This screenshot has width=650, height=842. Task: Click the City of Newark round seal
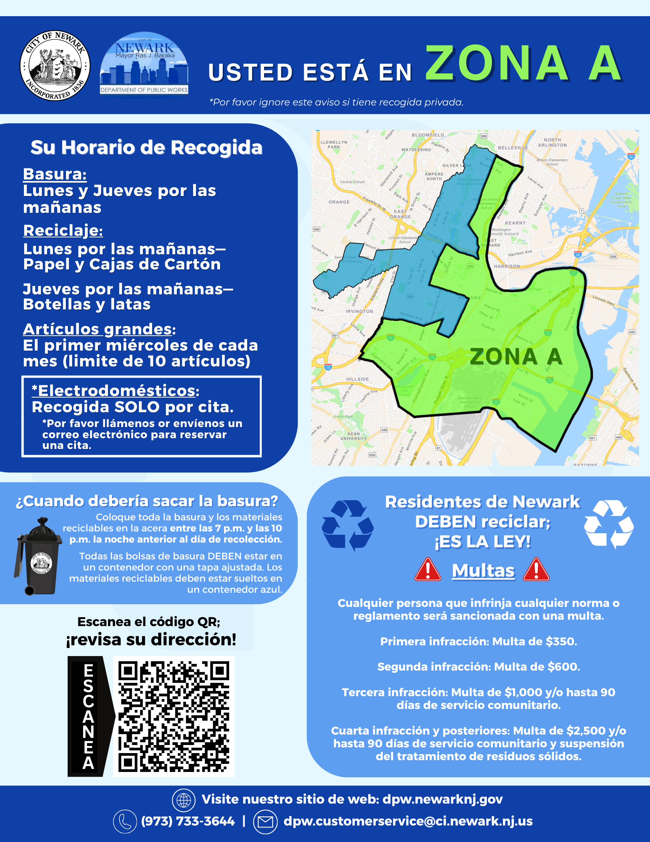tap(55, 66)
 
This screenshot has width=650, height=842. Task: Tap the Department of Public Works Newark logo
tap(144, 64)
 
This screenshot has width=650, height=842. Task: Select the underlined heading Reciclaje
tap(63, 231)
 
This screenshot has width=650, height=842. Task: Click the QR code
tap(173, 716)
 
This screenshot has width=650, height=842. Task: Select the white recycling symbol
tap(609, 524)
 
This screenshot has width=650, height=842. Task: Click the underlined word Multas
tap(483, 571)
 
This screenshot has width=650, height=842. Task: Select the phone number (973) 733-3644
tap(188, 821)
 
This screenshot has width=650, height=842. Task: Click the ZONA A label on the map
tap(516, 357)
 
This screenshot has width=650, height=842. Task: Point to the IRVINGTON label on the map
tap(359, 311)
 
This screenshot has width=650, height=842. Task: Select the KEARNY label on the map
tap(515, 223)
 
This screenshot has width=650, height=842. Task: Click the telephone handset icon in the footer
tap(125, 821)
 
